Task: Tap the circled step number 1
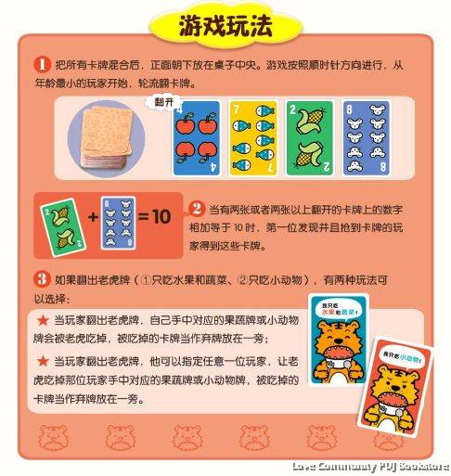(42, 65)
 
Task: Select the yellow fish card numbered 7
(251, 139)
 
